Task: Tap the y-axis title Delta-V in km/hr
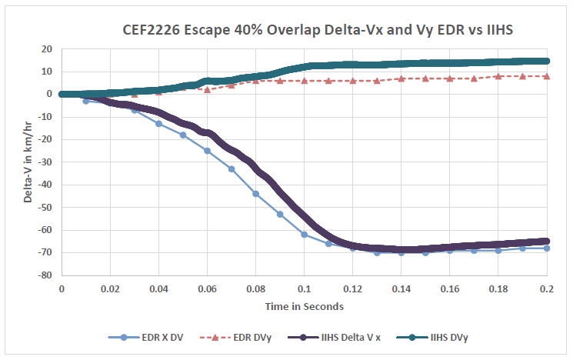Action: point(28,162)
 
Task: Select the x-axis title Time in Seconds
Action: point(304,306)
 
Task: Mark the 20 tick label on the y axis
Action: point(46,49)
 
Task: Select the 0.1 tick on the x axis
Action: point(304,288)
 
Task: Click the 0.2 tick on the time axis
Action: point(547,288)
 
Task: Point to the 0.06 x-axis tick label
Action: point(207,288)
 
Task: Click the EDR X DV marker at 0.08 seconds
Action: point(255,194)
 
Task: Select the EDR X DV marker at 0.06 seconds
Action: point(207,151)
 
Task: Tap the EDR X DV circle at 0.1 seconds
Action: point(304,235)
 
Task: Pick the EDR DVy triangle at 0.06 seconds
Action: point(207,89)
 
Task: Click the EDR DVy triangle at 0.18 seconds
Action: point(498,76)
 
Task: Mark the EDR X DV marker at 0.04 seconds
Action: point(158,123)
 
